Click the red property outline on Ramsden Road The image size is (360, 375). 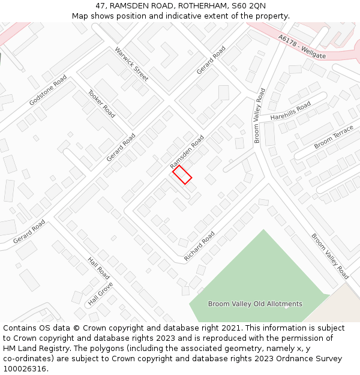[182, 175]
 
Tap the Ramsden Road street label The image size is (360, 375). [187, 151]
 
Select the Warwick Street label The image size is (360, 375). [131, 64]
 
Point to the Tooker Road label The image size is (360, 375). [101, 103]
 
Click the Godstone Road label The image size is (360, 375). [48, 91]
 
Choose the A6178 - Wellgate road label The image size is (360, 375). [302, 46]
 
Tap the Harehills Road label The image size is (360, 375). [290, 110]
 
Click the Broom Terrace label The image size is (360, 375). [334, 137]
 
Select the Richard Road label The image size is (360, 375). [199, 246]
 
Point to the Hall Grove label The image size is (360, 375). [100, 293]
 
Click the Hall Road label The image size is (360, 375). [98, 268]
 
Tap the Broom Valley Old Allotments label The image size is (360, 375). [255, 304]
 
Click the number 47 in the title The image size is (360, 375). [101, 6]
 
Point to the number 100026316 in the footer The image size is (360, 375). [24, 368]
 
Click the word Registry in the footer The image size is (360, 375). [65, 348]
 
